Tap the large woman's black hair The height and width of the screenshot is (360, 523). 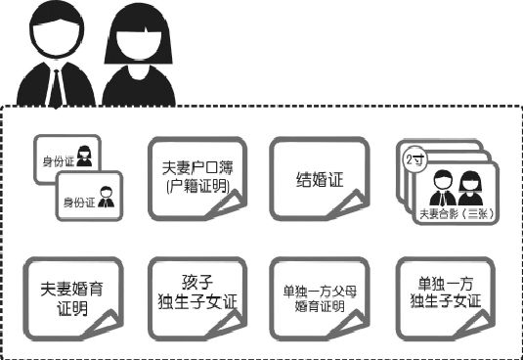click(x=136, y=29)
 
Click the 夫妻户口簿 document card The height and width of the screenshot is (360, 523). click(x=193, y=175)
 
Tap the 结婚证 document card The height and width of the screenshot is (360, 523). click(x=318, y=178)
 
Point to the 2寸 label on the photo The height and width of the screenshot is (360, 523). click(x=413, y=157)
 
